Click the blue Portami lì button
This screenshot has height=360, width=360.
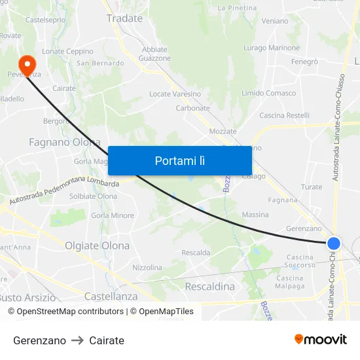coord(179,160)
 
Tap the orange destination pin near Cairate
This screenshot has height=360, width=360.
coord(27,64)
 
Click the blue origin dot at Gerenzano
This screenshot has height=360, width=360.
coord(334,243)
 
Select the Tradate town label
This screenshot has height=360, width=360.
coord(124,18)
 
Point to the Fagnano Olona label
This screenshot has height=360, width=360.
coord(65,142)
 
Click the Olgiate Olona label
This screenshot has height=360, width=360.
coord(98,245)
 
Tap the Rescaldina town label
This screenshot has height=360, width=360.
coord(210,286)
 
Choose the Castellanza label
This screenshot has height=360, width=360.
coord(111,296)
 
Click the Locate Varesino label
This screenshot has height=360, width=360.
coord(175,94)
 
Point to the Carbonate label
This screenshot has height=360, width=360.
coord(192,108)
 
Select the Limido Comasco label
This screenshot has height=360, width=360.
coord(268,94)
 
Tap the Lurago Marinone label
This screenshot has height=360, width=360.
coord(272,48)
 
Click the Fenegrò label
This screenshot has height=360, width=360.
coord(304,62)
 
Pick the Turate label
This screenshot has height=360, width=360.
coord(312,187)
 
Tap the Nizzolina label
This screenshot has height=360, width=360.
coord(147,267)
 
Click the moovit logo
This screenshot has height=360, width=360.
coord(321,339)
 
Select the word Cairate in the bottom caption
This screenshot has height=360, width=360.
coord(107,340)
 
